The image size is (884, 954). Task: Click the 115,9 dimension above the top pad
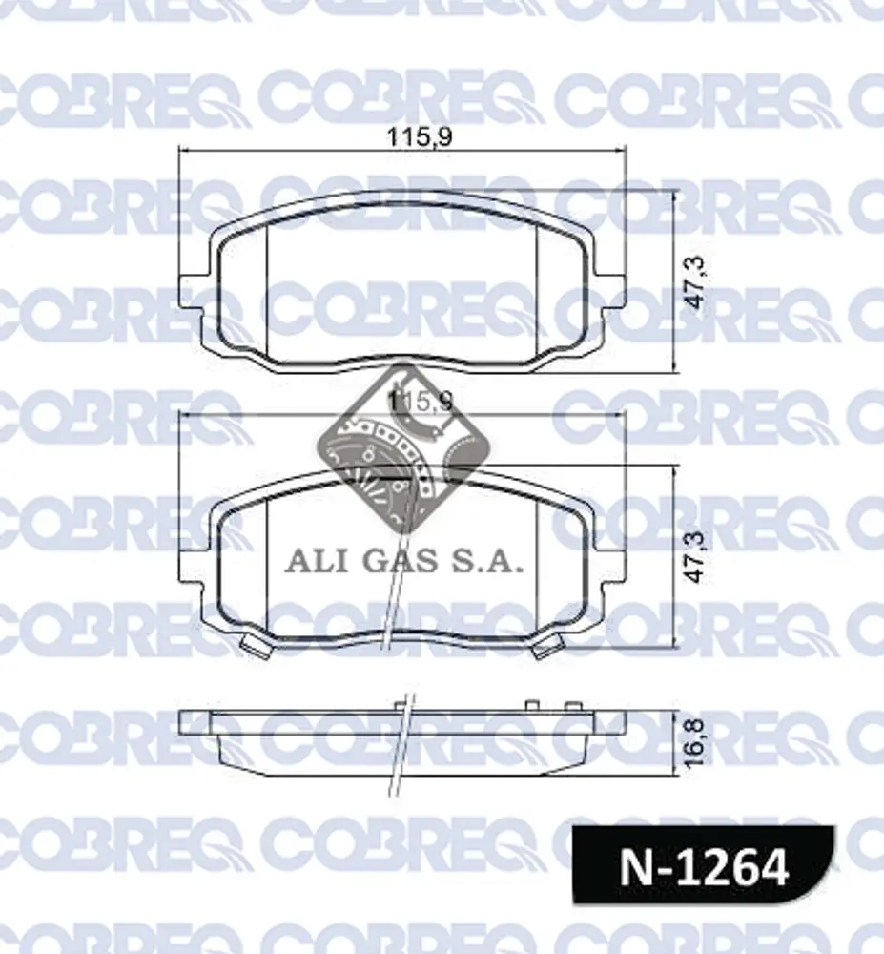pos(419,137)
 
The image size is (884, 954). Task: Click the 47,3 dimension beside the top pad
pos(695,281)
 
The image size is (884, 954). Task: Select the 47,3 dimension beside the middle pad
pos(695,557)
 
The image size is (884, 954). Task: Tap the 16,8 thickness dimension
pos(695,743)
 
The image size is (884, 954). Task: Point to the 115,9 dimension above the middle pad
pos(419,402)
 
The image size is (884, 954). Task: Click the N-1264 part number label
pos(704,867)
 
